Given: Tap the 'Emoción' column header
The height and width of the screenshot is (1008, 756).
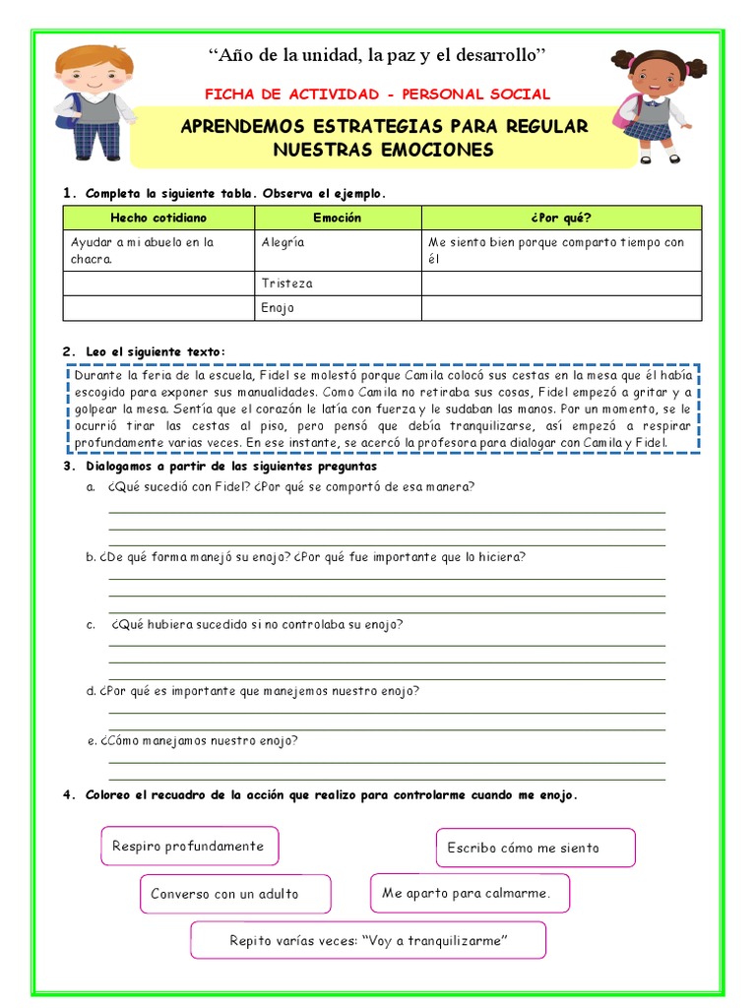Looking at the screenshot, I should point(338,218).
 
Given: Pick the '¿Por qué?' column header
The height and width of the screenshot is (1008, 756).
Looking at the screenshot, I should point(561,218).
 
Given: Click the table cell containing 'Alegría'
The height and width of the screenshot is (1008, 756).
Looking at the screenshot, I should point(338,251).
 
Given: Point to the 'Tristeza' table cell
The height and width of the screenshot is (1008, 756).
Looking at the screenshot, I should point(338,283).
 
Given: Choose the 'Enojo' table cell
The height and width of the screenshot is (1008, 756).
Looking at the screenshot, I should point(338,308).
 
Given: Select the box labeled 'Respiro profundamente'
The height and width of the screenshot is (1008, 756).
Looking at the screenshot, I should point(189,846).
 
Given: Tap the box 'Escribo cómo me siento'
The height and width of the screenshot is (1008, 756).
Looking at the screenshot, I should point(535,848).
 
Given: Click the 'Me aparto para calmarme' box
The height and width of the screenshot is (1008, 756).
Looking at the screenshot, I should point(470,893).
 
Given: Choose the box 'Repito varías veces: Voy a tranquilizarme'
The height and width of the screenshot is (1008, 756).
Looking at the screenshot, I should point(367,940).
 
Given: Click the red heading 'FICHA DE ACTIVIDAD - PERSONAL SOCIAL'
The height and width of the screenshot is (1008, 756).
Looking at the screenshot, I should point(377,94).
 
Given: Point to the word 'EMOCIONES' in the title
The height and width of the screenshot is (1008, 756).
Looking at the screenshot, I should point(437,150).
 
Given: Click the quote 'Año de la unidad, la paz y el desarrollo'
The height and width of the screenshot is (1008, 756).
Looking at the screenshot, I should point(377,51).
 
